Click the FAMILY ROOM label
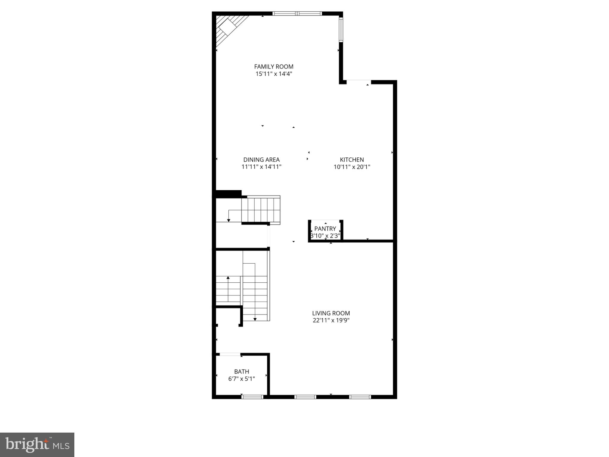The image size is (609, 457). click(274, 67)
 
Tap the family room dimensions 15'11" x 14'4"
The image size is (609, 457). click(274, 74)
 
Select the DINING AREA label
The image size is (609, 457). click(261, 160)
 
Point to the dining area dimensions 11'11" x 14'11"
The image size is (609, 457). click(261, 167)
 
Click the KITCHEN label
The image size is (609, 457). click(352, 160)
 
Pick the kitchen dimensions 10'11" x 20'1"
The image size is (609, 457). click(352, 167)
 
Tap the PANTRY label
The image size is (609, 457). click(325, 229)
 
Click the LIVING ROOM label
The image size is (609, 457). click(331, 313)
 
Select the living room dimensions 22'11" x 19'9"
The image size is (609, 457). click(331, 320)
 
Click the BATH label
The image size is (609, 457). click(241, 372)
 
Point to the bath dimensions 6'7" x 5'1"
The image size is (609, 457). click(241, 379)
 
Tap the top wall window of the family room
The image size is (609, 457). click(297, 13)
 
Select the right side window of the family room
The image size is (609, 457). click(341, 29)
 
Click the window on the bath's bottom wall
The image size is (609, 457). click(252, 397)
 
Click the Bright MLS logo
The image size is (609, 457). click(37, 445)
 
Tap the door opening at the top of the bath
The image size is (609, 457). click(230, 354)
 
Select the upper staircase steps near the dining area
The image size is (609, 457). click(261, 209)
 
